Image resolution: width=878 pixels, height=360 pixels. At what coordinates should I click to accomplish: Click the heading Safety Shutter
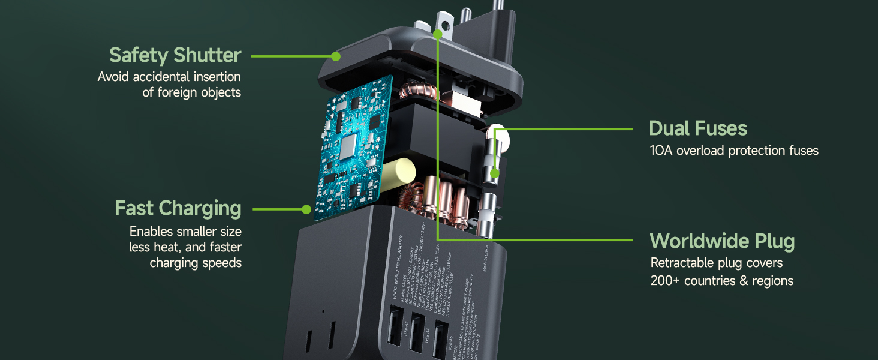click(175, 55)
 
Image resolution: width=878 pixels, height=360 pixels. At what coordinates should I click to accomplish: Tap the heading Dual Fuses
click(698, 128)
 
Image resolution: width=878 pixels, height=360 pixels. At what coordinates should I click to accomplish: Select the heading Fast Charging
click(178, 208)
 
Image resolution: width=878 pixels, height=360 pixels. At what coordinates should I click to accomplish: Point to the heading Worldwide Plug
click(722, 241)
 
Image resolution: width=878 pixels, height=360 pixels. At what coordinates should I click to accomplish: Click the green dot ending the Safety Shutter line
click(336, 56)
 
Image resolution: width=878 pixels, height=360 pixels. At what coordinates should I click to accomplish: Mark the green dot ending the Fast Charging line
click(306, 209)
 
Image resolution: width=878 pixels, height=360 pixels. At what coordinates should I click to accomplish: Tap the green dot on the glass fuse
click(494, 174)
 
